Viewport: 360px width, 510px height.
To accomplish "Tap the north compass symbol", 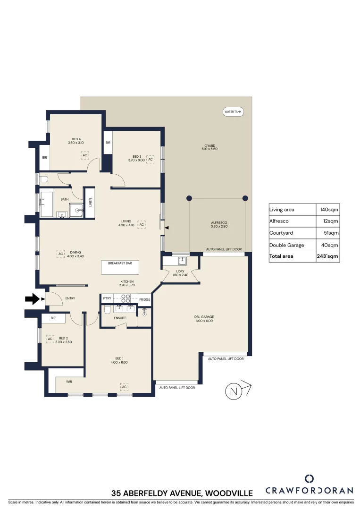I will tap(234, 391).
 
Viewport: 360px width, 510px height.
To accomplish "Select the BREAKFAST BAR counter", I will tap(120, 267).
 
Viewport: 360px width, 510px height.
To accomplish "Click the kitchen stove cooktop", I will tap(126, 298).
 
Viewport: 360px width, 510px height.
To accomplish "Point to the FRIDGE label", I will tap(144, 299).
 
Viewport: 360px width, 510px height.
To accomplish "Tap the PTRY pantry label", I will tap(107, 299).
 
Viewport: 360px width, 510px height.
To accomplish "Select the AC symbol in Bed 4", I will tap(85, 155).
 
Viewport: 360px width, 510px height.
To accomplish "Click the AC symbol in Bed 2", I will tap(50, 339).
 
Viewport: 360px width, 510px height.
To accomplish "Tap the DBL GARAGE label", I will tap(204, 317).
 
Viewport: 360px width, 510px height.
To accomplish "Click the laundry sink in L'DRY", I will tap(182, 261).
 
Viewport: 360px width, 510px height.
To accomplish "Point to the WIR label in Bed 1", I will tap(69, 381).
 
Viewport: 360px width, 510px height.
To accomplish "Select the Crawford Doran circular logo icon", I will tap(309, 478).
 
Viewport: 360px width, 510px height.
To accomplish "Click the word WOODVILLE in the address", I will tap(227, 493).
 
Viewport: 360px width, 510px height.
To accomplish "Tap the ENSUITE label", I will tap(120, 318).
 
